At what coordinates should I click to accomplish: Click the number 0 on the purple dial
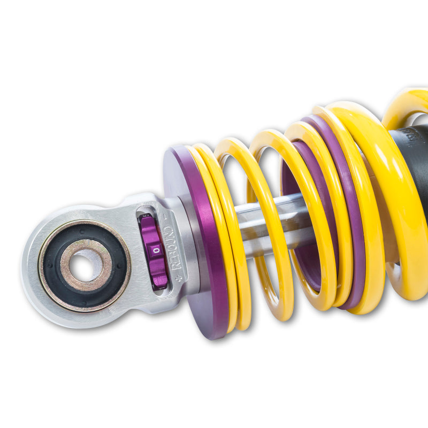click(x=156, y=249)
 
